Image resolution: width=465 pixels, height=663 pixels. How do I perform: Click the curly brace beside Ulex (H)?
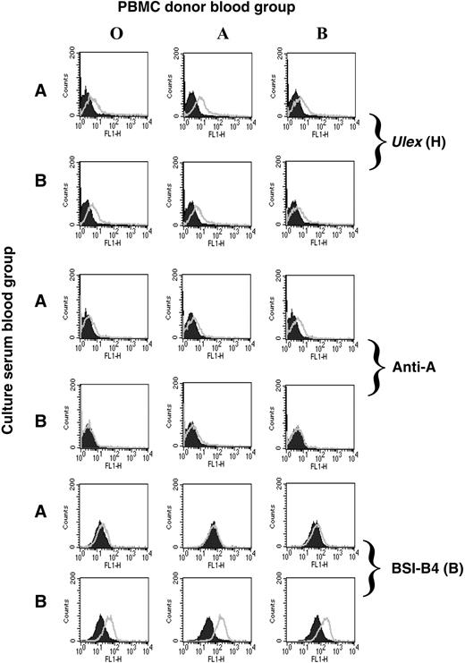[380, 136]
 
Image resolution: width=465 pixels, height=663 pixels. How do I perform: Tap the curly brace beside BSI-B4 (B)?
[380, 567]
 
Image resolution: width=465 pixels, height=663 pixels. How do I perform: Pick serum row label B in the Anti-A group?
[40, 419]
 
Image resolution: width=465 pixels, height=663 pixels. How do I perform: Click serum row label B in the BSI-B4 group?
[40, 611]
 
